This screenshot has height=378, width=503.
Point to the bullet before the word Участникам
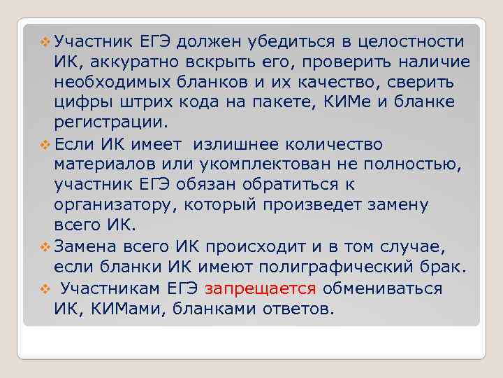[44, 288]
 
